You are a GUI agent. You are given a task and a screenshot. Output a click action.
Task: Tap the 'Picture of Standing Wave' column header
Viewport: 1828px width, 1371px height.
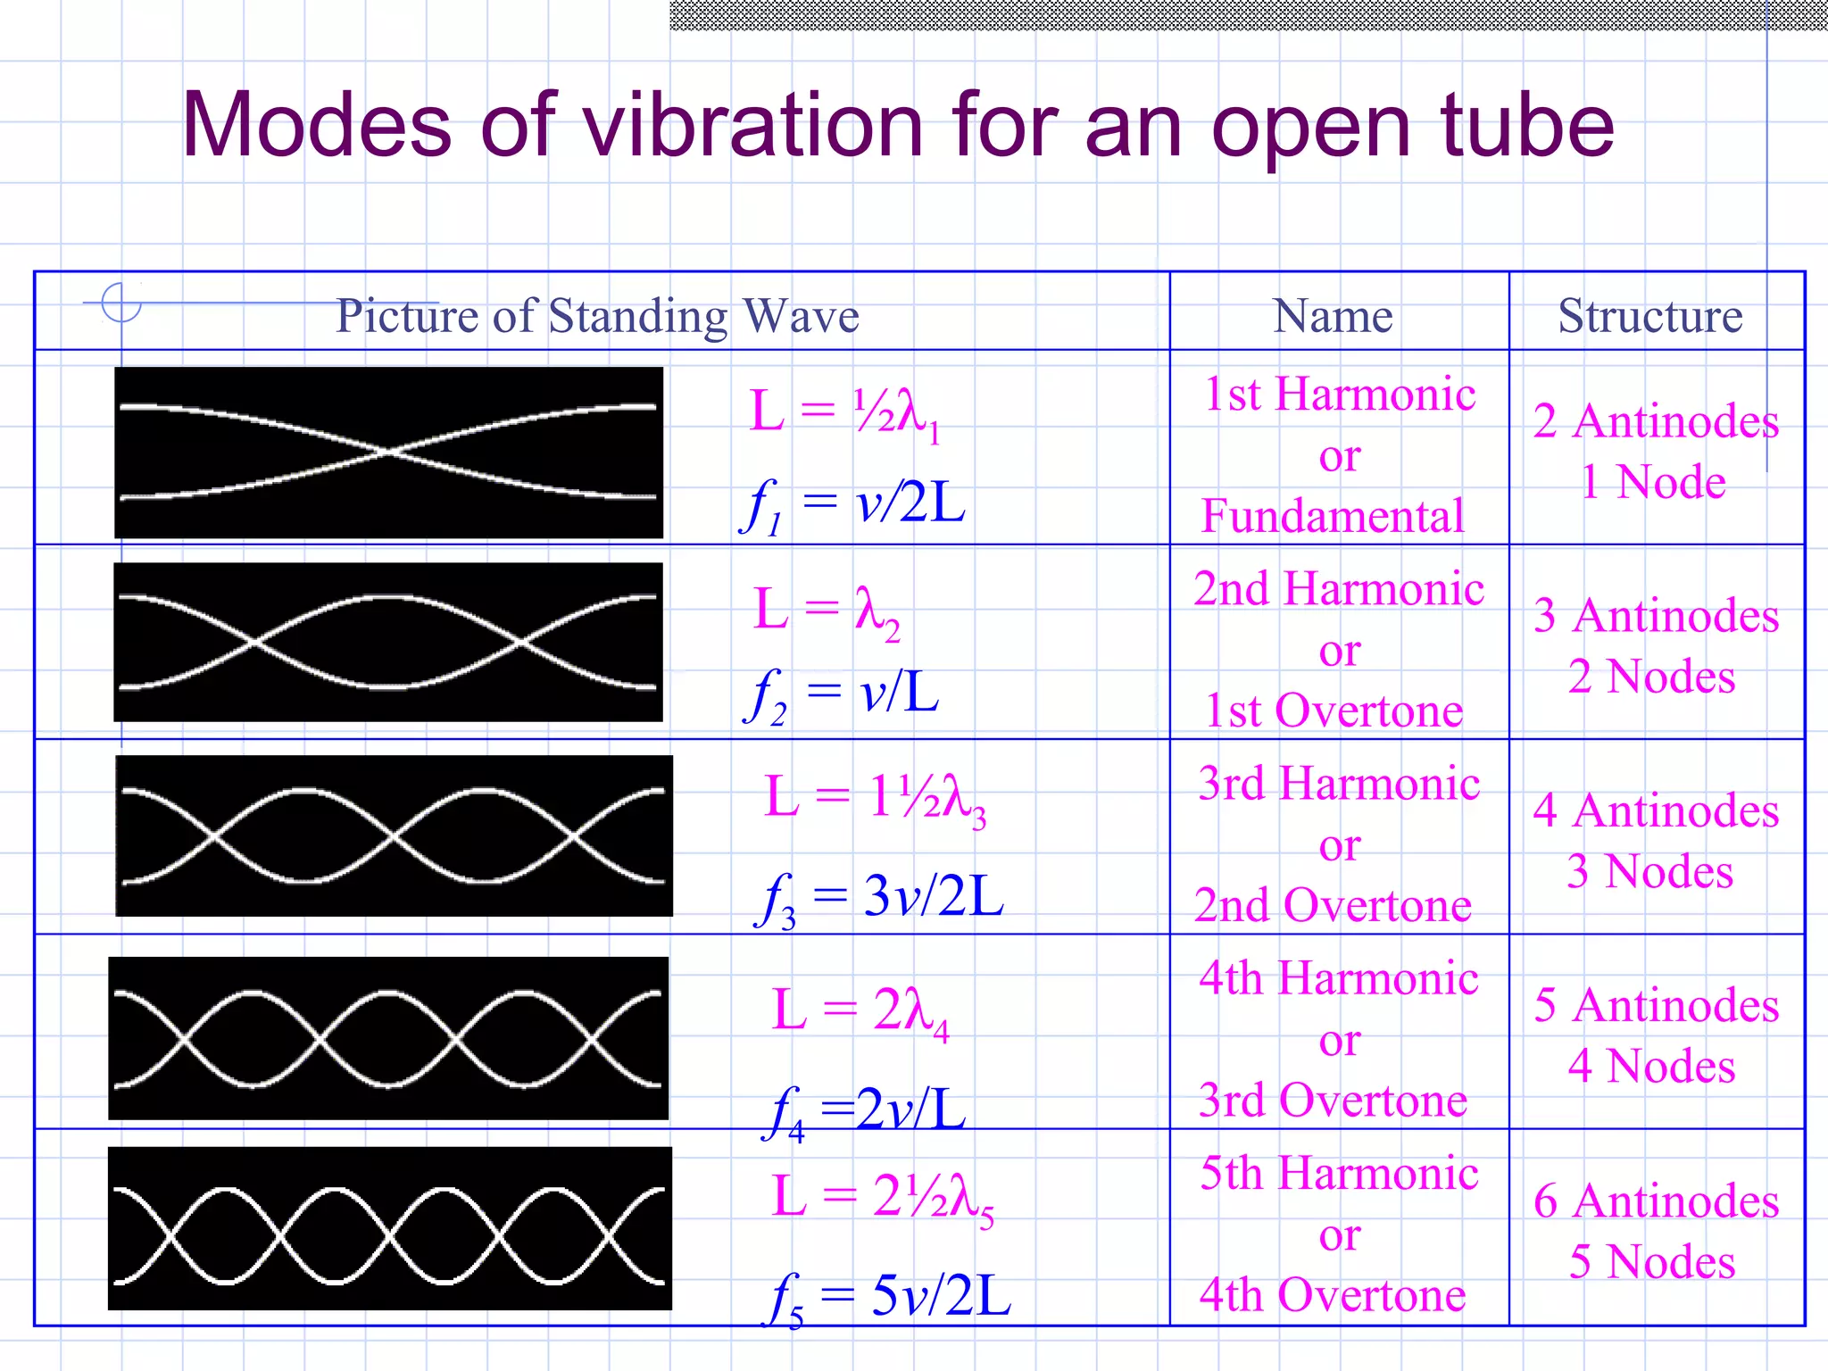pyautogui.click(x=597, y=316)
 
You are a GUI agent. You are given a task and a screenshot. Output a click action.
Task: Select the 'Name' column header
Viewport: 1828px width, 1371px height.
pyautogui.click(x=1333, y=316)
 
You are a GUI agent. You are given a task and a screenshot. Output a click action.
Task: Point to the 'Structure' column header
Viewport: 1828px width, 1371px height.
pyautogui.click(x=1649, y=316)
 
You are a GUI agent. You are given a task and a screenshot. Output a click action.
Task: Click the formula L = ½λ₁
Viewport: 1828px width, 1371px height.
pyautogui.click(x=844, y=413)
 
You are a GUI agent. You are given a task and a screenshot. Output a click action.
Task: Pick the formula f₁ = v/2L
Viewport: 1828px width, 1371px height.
pyautogui.click(x=853, y=505)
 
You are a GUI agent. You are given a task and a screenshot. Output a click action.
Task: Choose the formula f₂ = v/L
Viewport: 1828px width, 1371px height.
pyautogui.click(x=842, y=694)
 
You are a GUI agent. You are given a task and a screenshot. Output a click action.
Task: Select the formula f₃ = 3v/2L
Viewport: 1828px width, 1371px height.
pyautogui.click(x=880, y=898)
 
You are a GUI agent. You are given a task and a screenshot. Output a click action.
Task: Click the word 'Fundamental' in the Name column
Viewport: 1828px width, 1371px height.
pyautogui.click(x=1333, y=517)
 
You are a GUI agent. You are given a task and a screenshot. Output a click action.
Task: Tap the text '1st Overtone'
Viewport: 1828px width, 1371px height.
pyautogui.click(x=1334, y=711)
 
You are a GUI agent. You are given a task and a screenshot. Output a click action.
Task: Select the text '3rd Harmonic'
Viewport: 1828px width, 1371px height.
pyautogui.click(x=1339, y=784)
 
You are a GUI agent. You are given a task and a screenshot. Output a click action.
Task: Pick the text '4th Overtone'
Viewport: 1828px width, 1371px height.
pyautogui.click(x=1333, y=1296)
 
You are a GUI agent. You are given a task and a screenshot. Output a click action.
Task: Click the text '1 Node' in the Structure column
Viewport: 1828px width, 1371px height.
pyautogui.click(x=1653, y=482)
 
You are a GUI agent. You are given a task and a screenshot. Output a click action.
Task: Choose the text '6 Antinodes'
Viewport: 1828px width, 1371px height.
pyautogui.click(x=1656, y=1201)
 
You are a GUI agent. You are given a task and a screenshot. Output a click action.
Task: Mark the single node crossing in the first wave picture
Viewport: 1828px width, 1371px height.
pyautogui.click(x=389, y=453)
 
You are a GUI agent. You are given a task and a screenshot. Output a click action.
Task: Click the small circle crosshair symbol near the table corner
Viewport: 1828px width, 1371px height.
pyautogui.click(x=121, y=303)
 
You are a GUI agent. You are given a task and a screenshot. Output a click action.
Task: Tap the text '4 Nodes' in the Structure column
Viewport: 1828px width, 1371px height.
pyautogui.click(x=1651, y=1066)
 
